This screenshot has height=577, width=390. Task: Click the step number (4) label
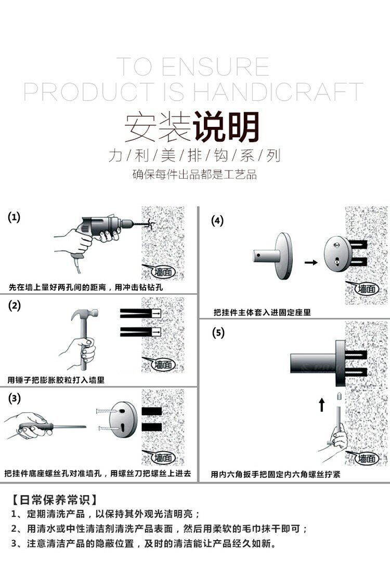pyautogui.click(x=217, y=221)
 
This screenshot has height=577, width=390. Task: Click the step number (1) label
pyautogui.click(x=14, y=217)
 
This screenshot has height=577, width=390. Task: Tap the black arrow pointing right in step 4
pyautogui.click(x=311, y=263)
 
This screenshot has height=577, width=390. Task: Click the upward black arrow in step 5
pyautogui.click(x=322, y=404)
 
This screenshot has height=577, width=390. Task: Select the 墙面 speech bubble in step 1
pyautogui.click(x=163, y=272)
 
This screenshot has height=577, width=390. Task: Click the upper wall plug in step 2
pyautogui.click(x=140, y=313)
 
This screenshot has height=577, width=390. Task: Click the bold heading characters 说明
pyautogui.click(x=226, y=127)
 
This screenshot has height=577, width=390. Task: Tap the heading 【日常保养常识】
pyautogui.click(x=54, y=500)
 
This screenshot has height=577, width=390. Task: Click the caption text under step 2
pyautogui.click(x=56, y=380)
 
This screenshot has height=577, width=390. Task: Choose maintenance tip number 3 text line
pyautogui.click(x=144, y=544)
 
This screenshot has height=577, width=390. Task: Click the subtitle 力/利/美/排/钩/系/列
pyautogui.click(x=194, y=155)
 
